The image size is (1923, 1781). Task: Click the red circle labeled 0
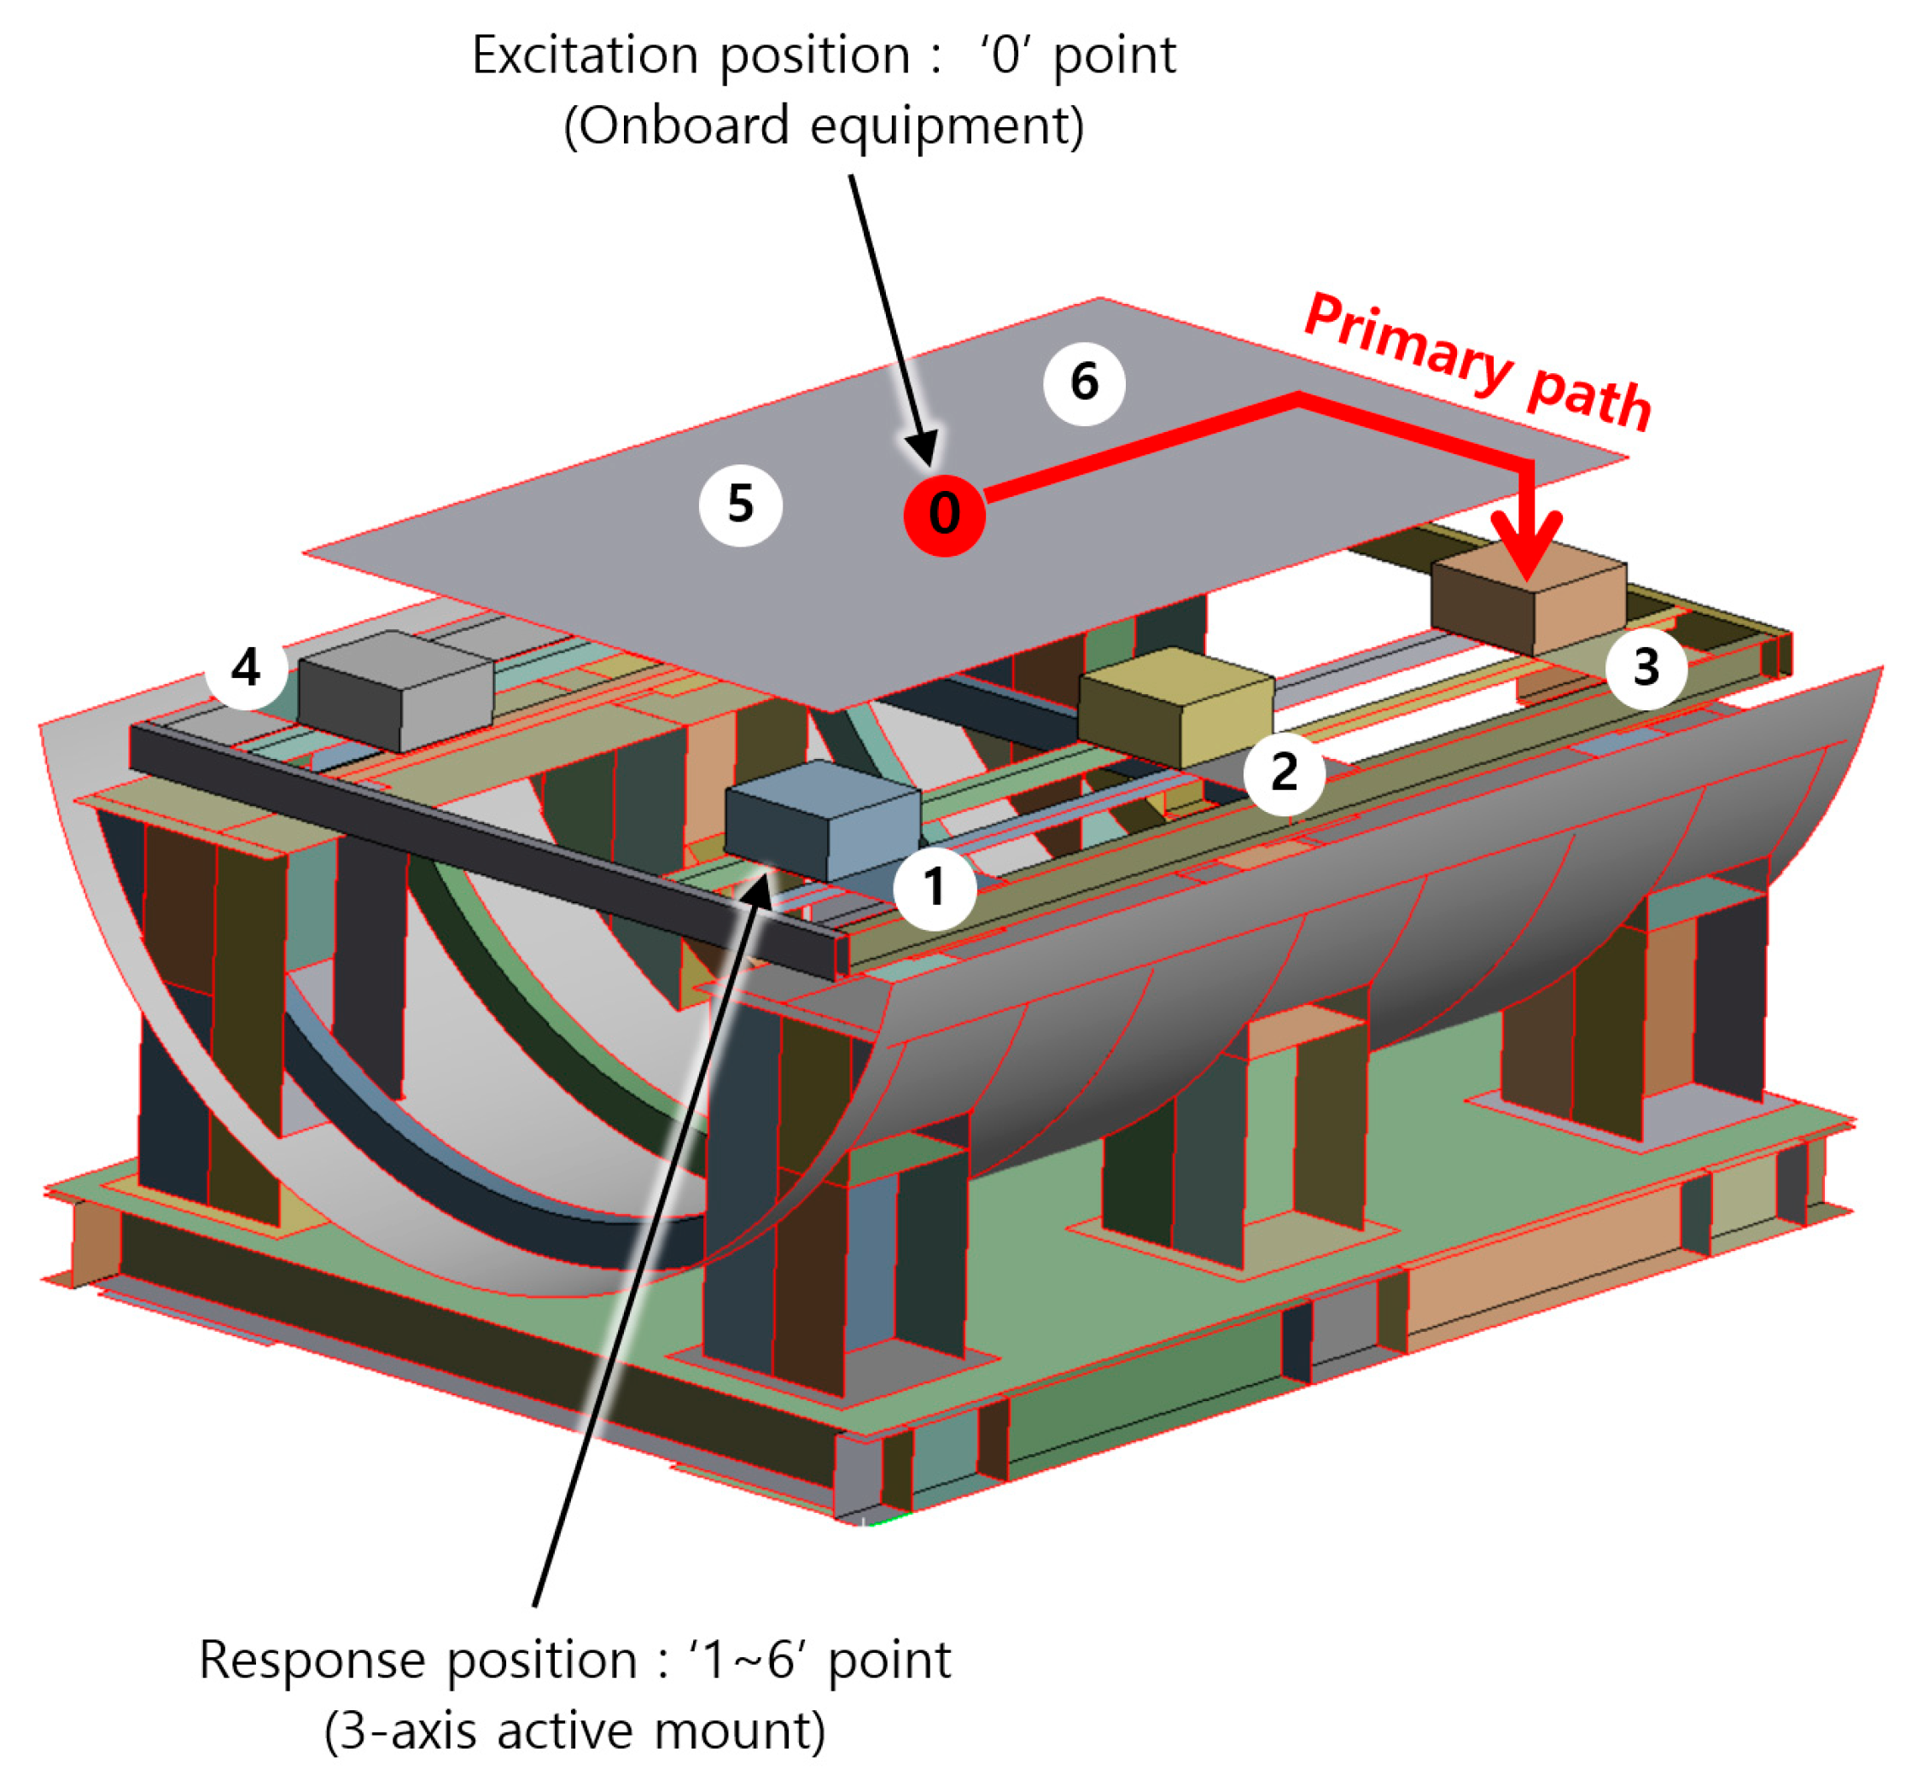[943, 515]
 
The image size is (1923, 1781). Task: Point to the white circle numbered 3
[1646, 668]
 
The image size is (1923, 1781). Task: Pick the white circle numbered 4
[246, 668]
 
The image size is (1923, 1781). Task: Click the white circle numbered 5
[740, 504]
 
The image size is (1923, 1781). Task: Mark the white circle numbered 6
[1084, 382]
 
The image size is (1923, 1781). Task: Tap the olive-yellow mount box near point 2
[1175, 709]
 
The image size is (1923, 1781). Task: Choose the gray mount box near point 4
[395, 691]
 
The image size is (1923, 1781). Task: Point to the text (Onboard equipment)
[824, 126]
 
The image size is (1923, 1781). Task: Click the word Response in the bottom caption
[312, 1660]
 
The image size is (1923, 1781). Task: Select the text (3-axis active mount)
[575, 1731]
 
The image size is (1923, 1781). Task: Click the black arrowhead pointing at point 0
[923, 450]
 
